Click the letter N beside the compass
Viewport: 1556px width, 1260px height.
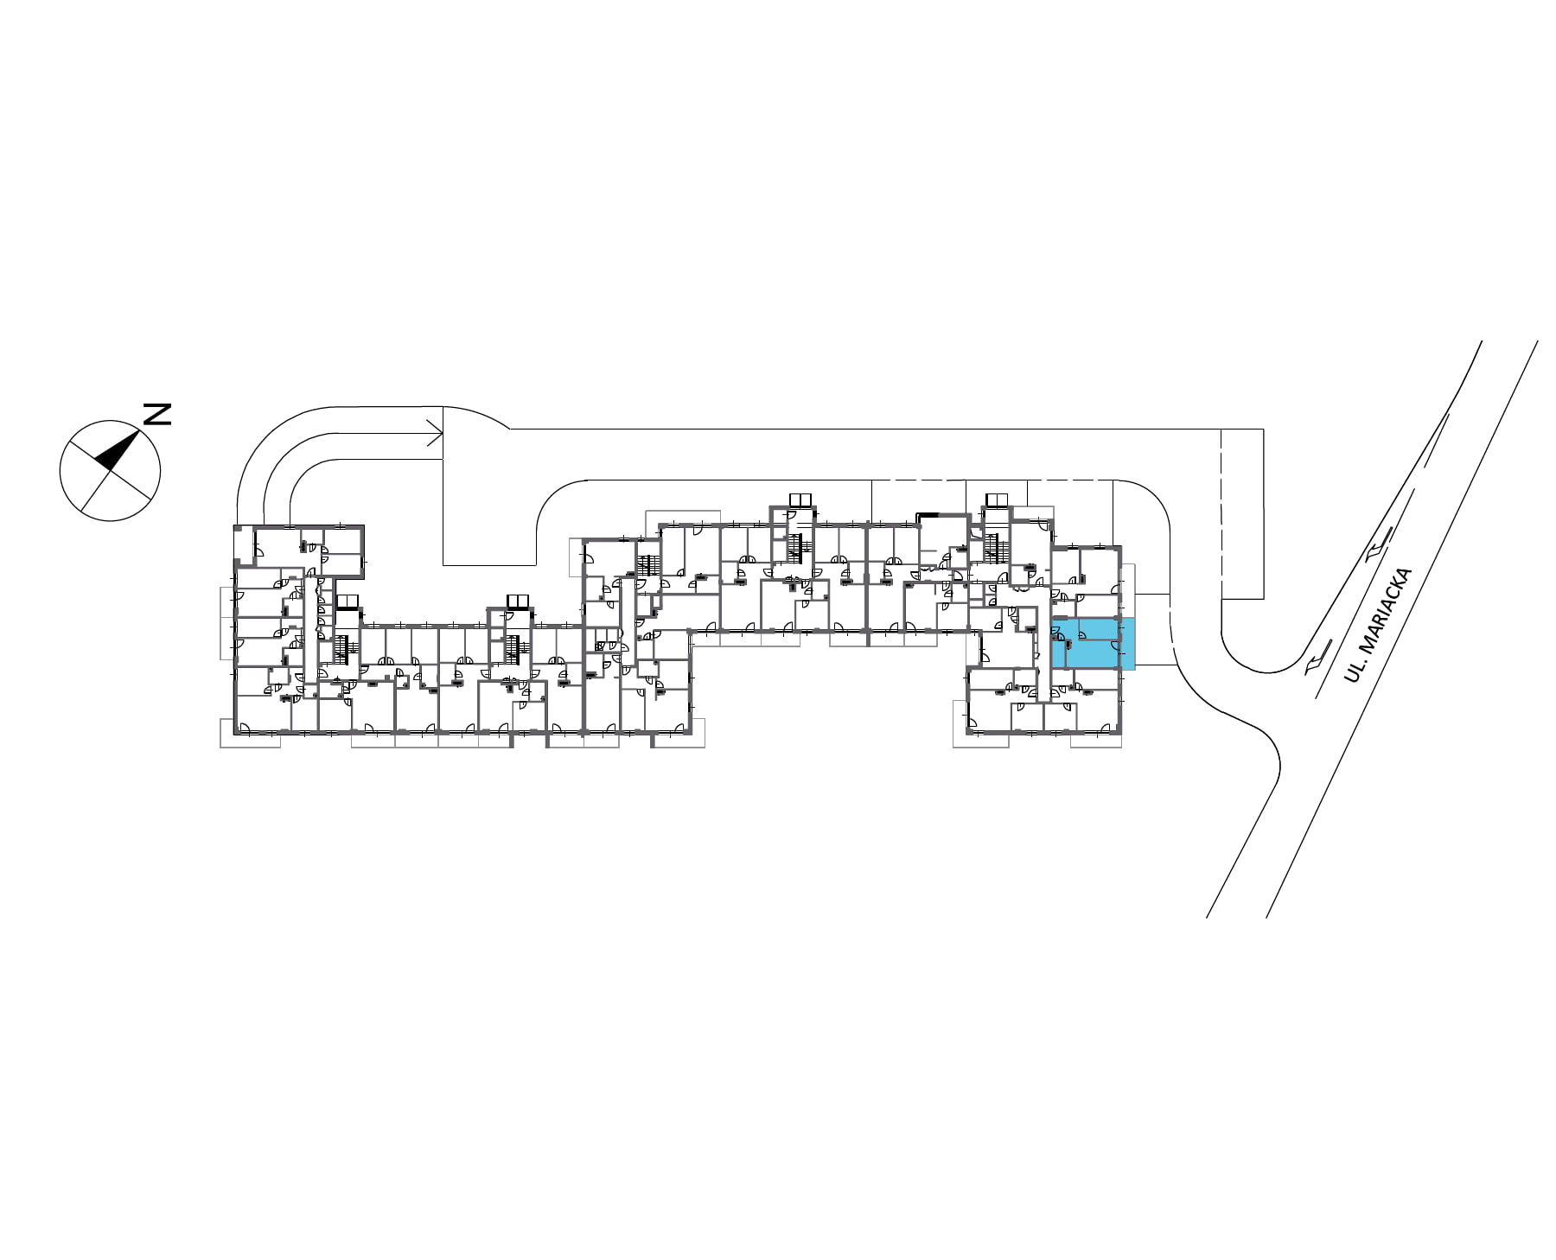pyautogui.click(x=156, y=414)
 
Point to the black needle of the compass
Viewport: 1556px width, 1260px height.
pyautogui.click(x=118, y=449)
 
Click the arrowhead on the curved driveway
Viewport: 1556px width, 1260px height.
pyautogui.click(x=435, y=434)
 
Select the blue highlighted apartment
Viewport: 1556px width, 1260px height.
pyautogui.click(x=1092, y=643)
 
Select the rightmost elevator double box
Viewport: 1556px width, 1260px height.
pyautogui.click(x=996, y=500)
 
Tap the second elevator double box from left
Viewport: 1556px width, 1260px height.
pyautogui.click(x=517, y=601)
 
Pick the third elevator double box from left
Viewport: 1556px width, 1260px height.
pyautogui.click(x=800, y=500)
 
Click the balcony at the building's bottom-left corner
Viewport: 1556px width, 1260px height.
pyautogui.click(x=251, y=734)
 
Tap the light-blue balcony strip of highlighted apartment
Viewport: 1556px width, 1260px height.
pyautogui.click(x=1127, y=643)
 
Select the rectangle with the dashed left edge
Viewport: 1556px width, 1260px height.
pyautogui.click(x=1241, y=513)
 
